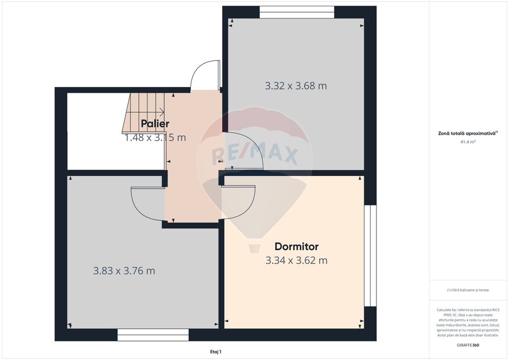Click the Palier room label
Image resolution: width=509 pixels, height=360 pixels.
[155, 124]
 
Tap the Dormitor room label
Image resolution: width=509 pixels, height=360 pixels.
[296, 247]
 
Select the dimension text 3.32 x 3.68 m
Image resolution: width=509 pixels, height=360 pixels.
[296, 85]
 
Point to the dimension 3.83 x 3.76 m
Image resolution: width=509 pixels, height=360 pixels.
[124, 271]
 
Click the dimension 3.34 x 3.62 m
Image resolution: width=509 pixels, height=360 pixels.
[296, 260]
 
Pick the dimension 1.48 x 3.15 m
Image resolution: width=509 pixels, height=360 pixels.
[155, 138]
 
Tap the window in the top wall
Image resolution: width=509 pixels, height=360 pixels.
[297, 12]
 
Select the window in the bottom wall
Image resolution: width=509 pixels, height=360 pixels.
[153, 335]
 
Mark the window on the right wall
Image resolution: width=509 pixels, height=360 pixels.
[370, 256]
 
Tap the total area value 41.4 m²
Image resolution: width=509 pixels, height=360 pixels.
[468, 142]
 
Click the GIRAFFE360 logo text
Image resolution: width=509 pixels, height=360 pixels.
[468, 345]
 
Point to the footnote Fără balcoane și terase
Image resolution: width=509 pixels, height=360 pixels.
[468, 290]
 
